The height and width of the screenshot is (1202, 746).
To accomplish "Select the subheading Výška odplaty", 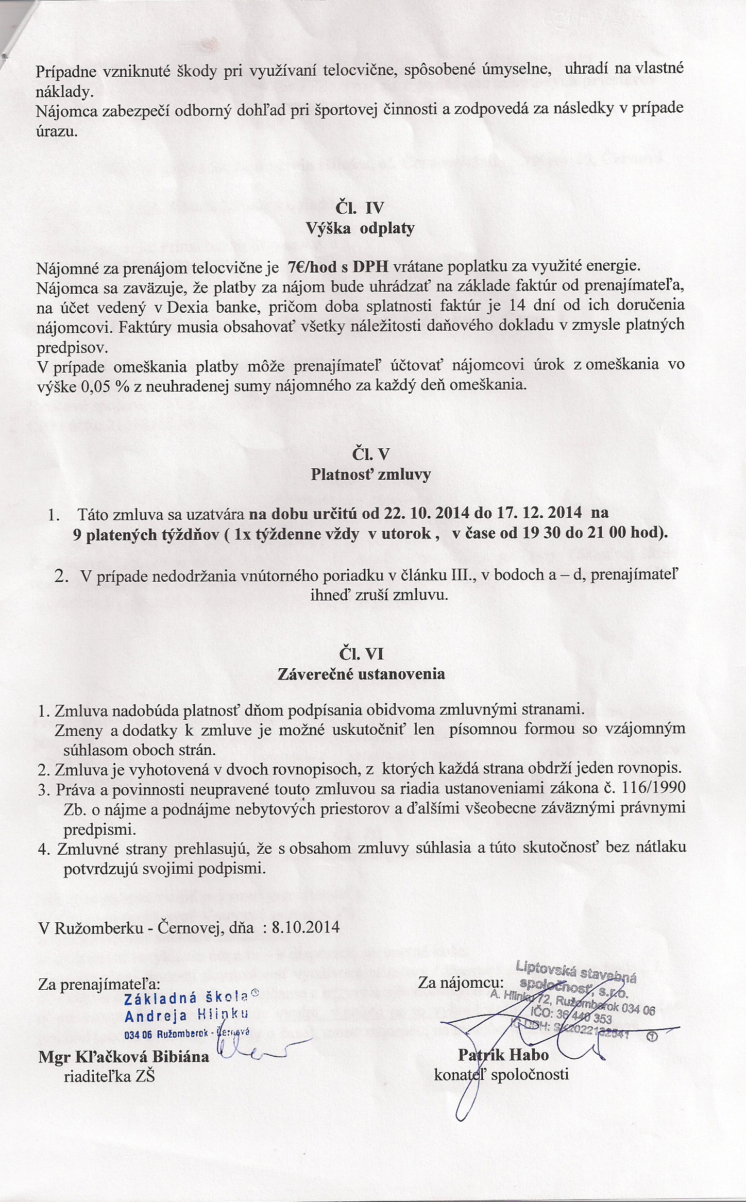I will pos(360,228).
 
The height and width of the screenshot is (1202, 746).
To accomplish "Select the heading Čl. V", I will pos(370,454).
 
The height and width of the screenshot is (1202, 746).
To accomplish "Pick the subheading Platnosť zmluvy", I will pos(370,475).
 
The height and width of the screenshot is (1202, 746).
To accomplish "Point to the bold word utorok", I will pos(412,534).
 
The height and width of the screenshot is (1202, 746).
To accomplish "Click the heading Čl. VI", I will pos(361,654).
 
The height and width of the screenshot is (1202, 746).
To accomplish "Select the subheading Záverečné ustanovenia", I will pos(361,674).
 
